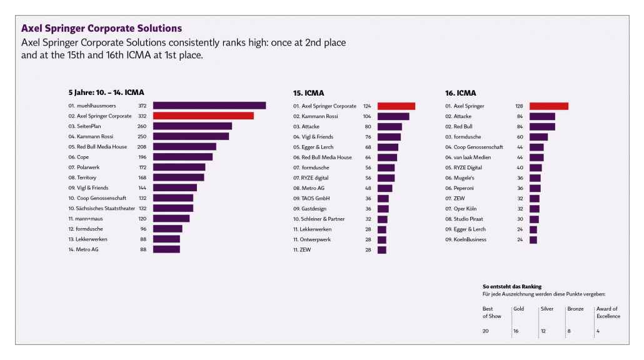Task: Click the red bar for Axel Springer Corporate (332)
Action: point(203,116)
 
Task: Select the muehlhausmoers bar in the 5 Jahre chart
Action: point(209,106)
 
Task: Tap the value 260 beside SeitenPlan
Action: point(142,126)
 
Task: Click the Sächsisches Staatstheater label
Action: point(101,208)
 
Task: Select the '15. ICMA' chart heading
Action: point(309,93)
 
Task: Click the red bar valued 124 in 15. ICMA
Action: point(396,106)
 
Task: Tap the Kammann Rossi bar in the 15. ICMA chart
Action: point(393,116)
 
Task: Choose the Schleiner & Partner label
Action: point(323,219)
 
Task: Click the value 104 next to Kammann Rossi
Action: point(367,116)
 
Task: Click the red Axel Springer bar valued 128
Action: point(549,106)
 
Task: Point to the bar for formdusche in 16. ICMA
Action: point(538,137)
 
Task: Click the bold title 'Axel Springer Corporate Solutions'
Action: point(101,29)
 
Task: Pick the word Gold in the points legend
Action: point(518,309)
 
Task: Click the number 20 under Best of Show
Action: point(486,331)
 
